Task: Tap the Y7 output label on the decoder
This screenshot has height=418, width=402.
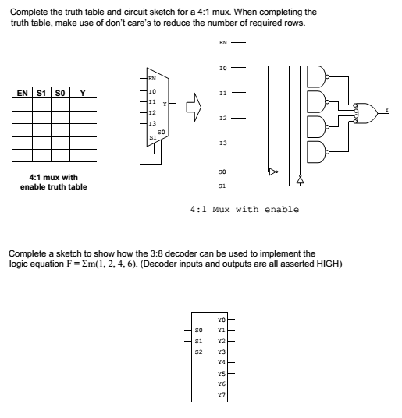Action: point(222,395)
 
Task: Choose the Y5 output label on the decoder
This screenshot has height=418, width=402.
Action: point(222,374)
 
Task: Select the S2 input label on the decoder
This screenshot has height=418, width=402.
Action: point(198,352)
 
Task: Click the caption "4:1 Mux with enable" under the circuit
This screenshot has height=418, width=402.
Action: point(244,209)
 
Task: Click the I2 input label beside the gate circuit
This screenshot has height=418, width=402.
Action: point(225,119)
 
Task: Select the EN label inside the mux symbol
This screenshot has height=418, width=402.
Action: point(152,78)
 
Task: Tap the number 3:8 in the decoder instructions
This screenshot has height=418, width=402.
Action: point(137,253)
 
